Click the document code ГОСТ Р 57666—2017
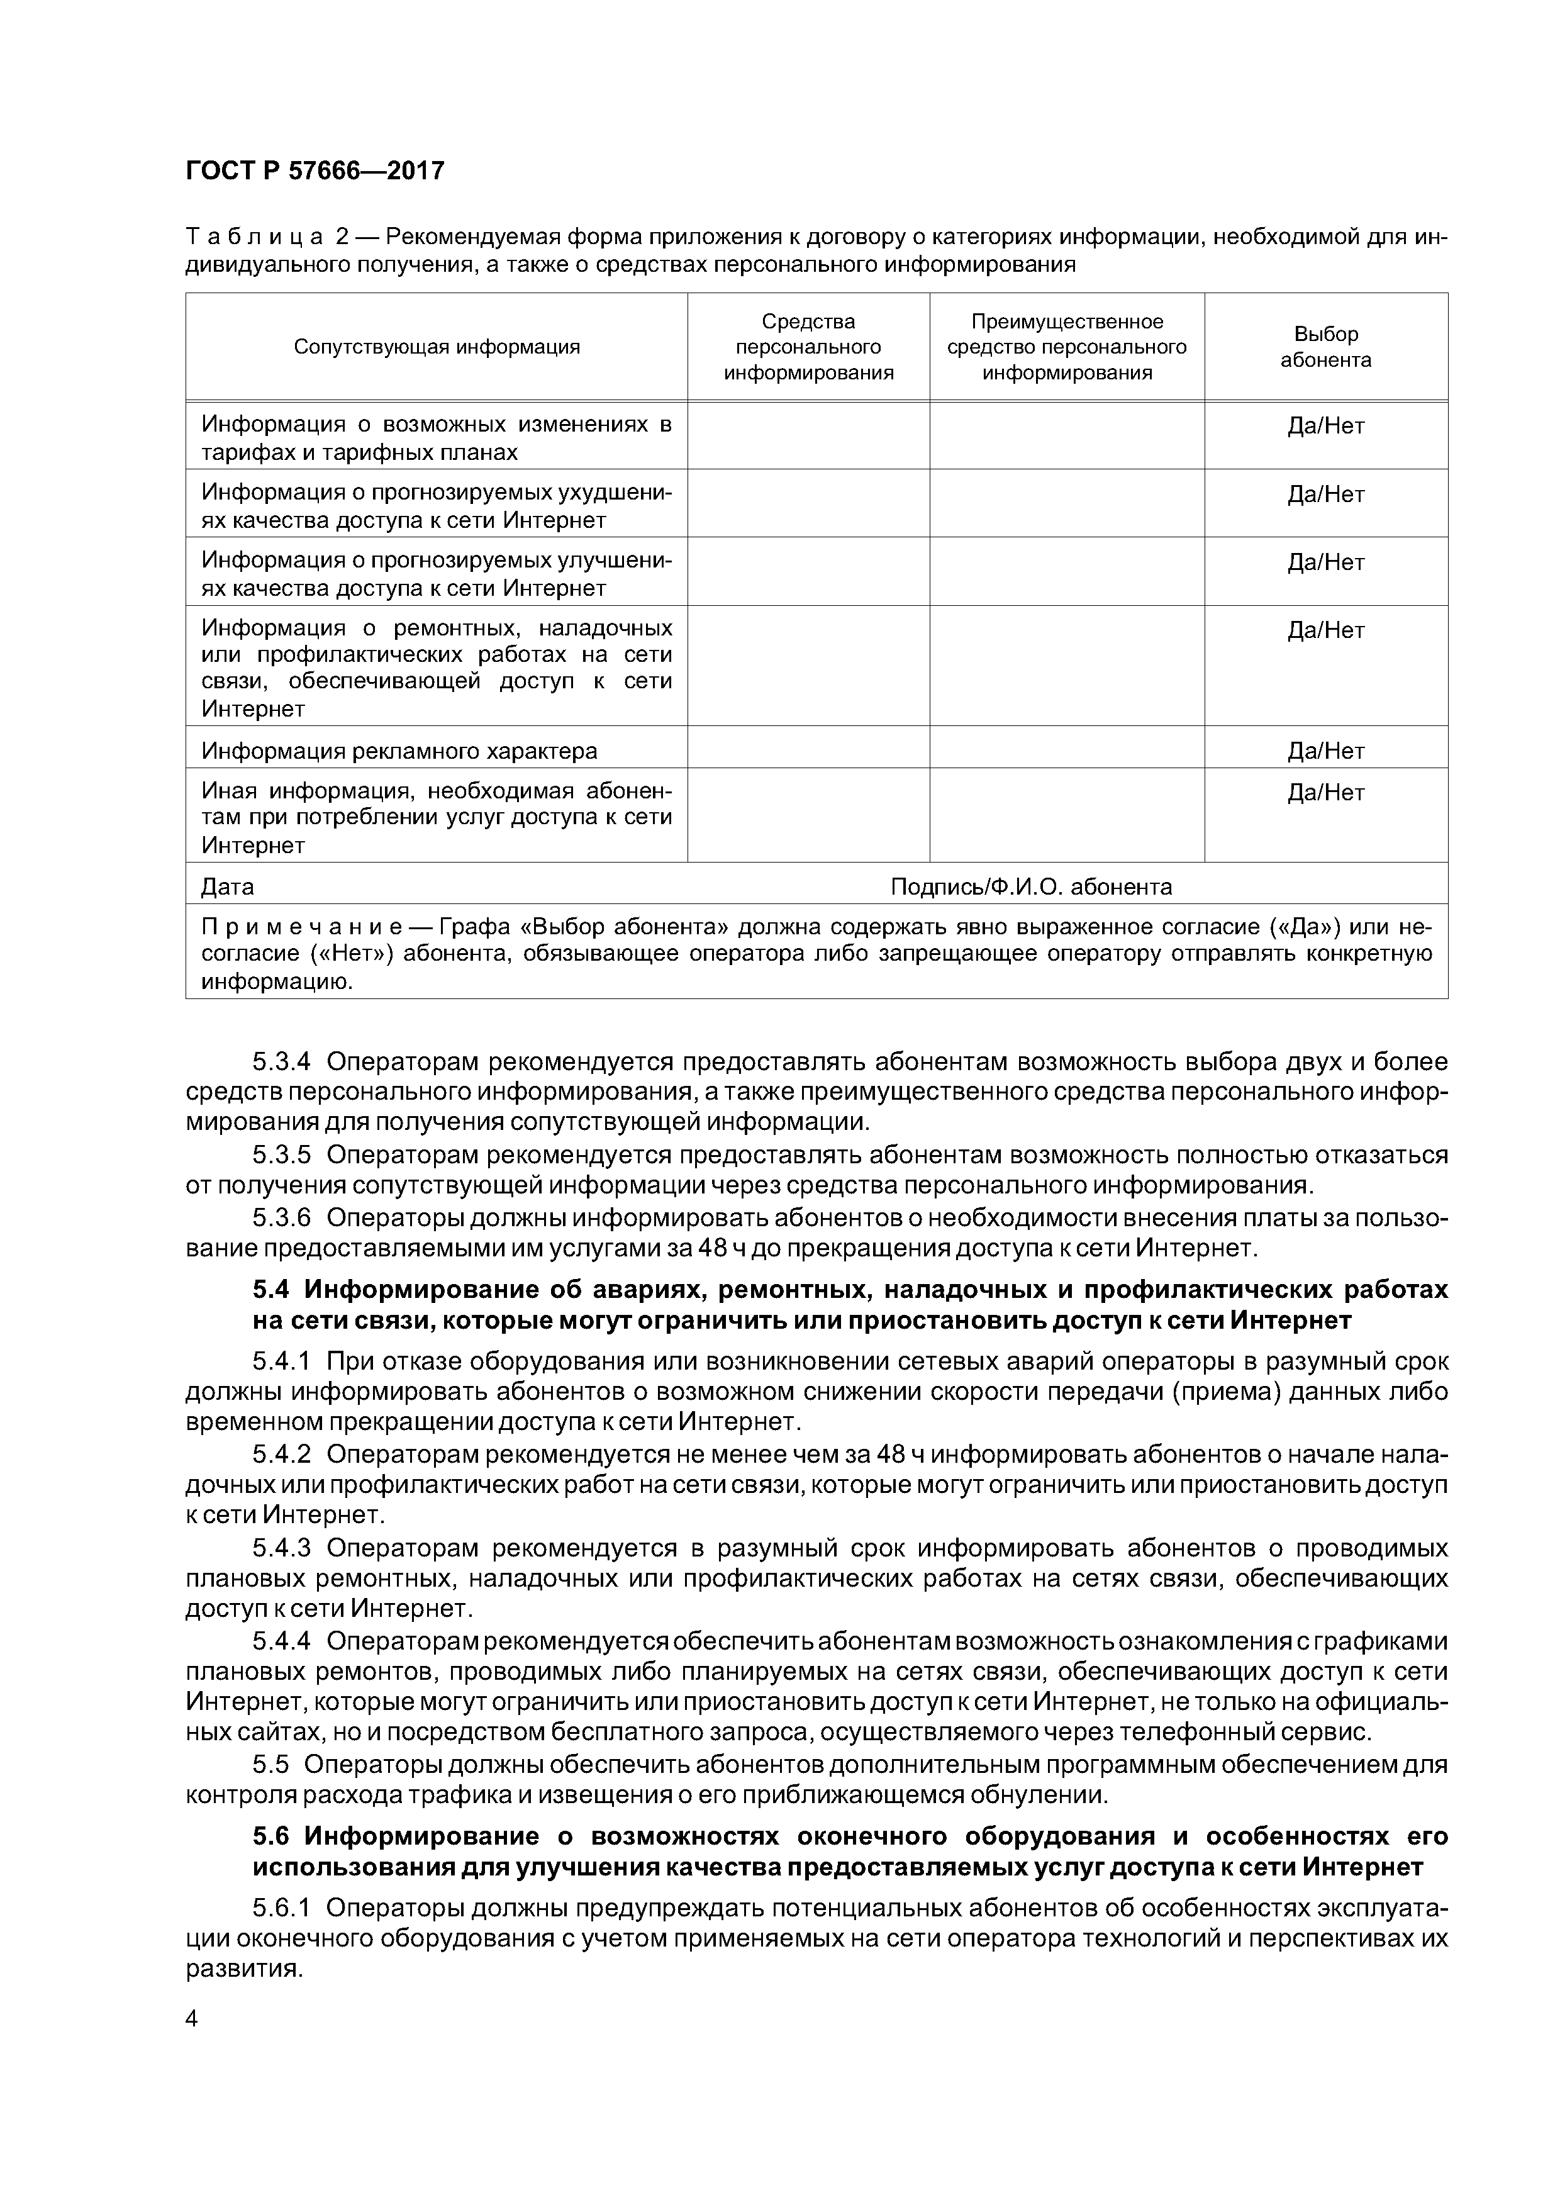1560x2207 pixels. pos(315,171)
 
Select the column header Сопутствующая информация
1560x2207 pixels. pos(437,347)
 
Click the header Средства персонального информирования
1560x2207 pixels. pos(808,347)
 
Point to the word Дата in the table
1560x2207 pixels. pos(227,886)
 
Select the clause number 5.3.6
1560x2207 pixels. pos(282,1218)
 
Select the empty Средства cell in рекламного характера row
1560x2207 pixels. pos(808,751)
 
